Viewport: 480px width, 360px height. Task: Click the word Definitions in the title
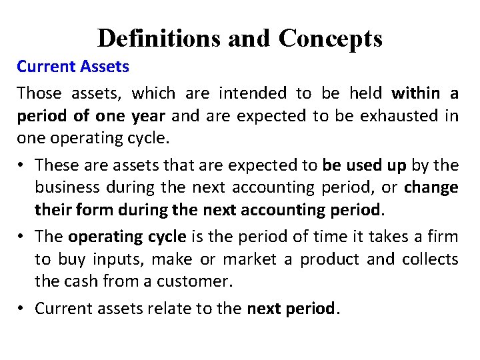(x=159, y=38)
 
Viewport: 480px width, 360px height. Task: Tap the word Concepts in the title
(x=331, y=38)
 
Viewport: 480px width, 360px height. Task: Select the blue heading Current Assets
(x=73, y=67)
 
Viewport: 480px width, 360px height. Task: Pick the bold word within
(x=415, y=92)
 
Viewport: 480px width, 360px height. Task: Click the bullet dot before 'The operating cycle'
(x=23, y=237)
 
